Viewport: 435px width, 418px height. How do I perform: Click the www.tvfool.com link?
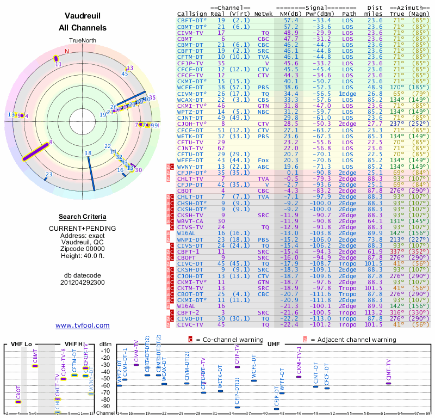tap(83, 325)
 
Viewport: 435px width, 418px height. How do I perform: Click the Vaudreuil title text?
tap(83, 16)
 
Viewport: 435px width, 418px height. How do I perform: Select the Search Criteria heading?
tap(83, 217)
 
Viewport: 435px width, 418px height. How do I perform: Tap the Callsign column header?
tap(191, 14)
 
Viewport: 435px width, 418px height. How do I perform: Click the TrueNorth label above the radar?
tap(83, 40)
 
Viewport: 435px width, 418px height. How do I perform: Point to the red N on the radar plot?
tap(67, 52)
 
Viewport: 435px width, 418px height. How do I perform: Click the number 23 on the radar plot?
tap(49, 175)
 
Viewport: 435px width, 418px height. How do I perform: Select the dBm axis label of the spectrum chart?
tap(105, 343)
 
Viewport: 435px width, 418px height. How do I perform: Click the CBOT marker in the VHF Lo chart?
tap(18, 402)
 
